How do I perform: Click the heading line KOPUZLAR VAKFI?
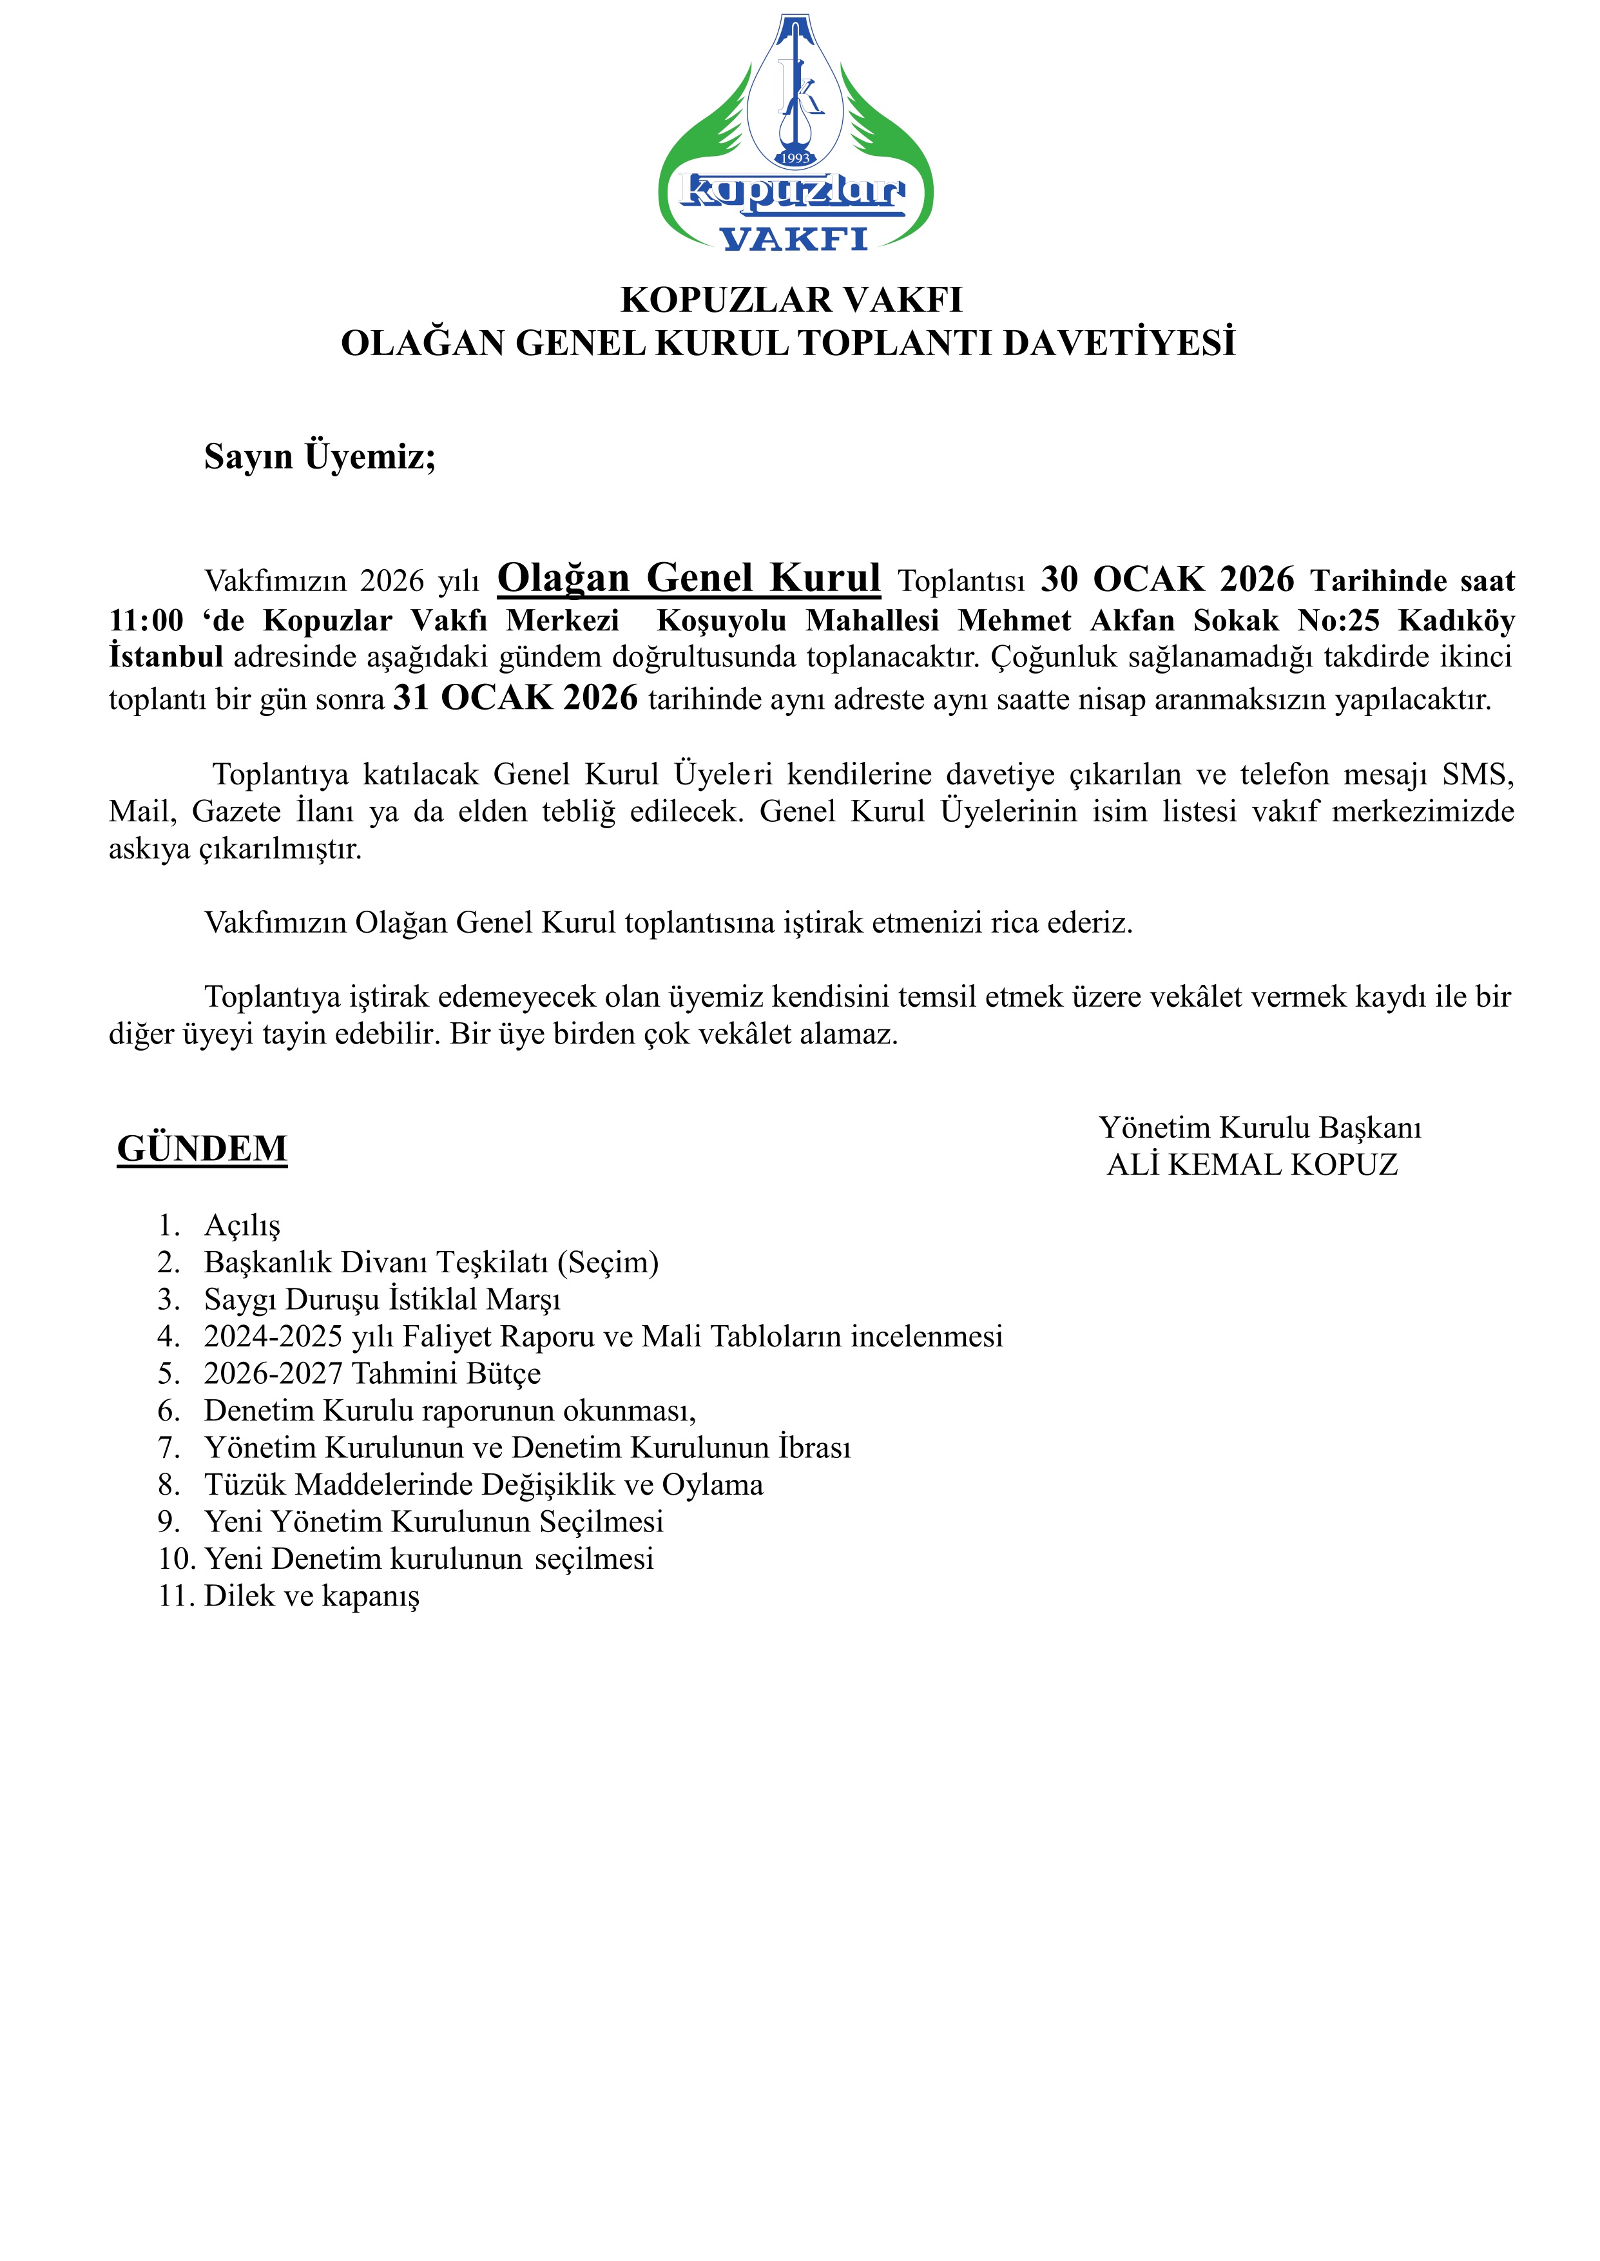click(791, 300)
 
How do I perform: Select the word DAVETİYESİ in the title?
click(1119, 343)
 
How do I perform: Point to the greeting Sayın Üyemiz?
click(320, 456)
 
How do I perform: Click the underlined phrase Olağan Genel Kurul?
click(689, 578)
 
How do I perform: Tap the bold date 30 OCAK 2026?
click(1168, 579)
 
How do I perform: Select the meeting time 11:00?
click(146, 621)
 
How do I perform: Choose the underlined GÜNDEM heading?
click(202, 1149)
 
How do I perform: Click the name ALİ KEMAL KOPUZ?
click(1252, 1165)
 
